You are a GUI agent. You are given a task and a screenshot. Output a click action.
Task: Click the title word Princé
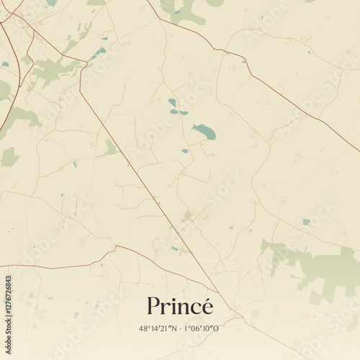[180, 307]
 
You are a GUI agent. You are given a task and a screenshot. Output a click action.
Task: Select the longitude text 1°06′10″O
[202, 328]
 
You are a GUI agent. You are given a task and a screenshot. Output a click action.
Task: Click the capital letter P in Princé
[153, 307]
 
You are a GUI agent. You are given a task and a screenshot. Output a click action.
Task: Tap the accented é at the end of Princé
[207, 307]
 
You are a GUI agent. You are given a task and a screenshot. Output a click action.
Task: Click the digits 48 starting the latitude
[143, 328]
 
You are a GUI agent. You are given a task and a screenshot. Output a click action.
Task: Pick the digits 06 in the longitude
[196, 328]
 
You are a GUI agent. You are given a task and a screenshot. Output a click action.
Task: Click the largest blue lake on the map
[204, 131]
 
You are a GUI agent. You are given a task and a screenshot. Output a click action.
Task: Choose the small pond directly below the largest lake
[185, 151]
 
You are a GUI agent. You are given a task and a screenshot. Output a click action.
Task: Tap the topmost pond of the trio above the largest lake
[171, 102]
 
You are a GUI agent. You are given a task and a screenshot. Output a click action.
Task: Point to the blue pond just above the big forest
[306, 222]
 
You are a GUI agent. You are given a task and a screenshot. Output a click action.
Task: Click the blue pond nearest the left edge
[5, 64]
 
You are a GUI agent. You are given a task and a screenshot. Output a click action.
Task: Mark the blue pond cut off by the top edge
[51, 3]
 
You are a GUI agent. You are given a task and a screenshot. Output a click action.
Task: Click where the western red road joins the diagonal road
[115, 246]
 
